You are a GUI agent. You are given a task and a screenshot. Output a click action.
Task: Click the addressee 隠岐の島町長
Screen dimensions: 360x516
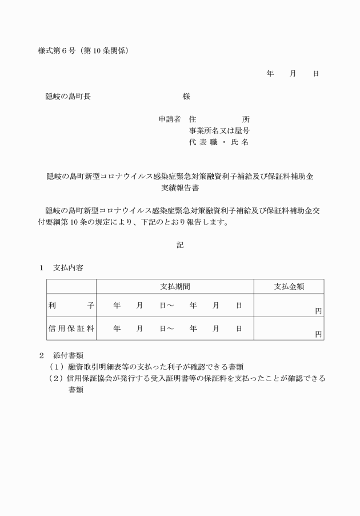[68, 97]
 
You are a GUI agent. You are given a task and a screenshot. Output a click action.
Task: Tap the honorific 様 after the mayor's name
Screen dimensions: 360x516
[186, 97]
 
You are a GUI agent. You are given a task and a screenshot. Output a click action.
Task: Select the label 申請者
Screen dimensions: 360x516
[170, 119]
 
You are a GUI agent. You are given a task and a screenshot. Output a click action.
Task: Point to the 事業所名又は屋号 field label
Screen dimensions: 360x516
[219, 131]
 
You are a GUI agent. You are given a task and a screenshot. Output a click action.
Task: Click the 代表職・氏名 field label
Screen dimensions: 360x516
[219, 142]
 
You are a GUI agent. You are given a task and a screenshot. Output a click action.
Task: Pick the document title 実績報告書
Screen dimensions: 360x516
[180, 187]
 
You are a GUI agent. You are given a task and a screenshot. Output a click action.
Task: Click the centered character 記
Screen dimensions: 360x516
[180, 245]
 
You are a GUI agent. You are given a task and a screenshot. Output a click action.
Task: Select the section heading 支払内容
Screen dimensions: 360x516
[68, 267]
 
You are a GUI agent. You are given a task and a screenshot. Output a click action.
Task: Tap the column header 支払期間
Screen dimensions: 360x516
[175, 286]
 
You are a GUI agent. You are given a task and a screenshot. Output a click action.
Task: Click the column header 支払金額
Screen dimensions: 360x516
[289, 286]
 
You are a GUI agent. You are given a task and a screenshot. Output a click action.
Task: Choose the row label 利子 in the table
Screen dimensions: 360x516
[71, 306]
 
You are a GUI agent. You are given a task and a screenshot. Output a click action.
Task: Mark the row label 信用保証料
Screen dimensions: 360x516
[71, 329]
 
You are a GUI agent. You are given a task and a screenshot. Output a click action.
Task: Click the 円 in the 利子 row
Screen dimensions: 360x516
[318, 311]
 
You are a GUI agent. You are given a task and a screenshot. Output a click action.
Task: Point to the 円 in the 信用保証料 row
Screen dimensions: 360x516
[318, 334]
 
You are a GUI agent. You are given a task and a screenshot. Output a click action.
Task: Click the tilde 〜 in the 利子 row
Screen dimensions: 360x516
[170, 306]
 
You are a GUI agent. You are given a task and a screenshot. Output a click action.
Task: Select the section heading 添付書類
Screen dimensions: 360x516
[68, 355]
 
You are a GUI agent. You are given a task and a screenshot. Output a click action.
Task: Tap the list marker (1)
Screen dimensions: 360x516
[56, 367]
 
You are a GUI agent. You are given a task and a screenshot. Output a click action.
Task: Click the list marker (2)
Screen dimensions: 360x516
[56, 378]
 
